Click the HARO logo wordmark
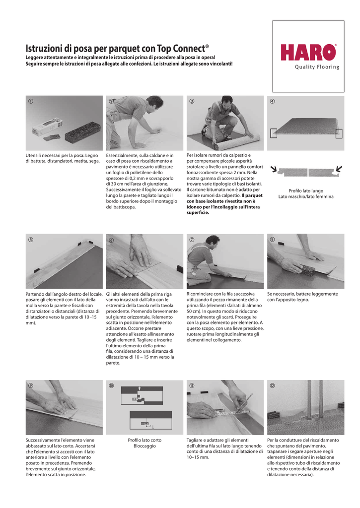pyautogui.click(x=308, y=53)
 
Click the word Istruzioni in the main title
pyautogui.click(x=43, y=49)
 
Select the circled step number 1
pyautogui.click(x=30, y=101)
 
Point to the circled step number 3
pyautogui.click(x=191, y=101)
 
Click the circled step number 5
pyautogui.click(x=30, y=240)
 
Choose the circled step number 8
pyautogui.click(x=272, y=240)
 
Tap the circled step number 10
pyautogui.click(x=111, y=385)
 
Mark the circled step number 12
pyautogui.click(x=272, y=385)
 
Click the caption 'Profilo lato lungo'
pyautogui.click(x=305, y=191)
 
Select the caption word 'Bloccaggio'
pyautogui.click(x=144, y=446)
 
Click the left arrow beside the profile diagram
pyautogui.click(x=274, y=170)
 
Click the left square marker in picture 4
pyautogui.click(x=274, y=133)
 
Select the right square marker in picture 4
pyautogui.click(x=339, y=133)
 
